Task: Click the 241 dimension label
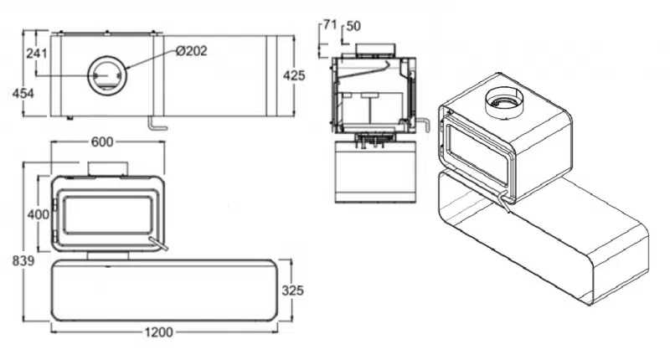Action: pyautogui.click(x=37, y=54)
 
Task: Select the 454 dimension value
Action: pyautogui.click(x=23, y=93)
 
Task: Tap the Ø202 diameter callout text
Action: pyautogui.click(x=192, y=51)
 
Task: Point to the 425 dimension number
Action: pyautogui.click(x=295, y=75)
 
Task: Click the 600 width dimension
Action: pyautogui.click(x=102, y=141)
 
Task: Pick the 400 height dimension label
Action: pyautogui.click(x=38, y=214)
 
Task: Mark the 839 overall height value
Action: pyautogui.click(x=23, y=260)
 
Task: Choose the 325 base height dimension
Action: pyautogui.click(x=292, y=291)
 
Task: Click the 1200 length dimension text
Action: pyautogui.click(x=158, y=332)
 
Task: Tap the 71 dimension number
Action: pyautogui.click(x=330, y=25)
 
